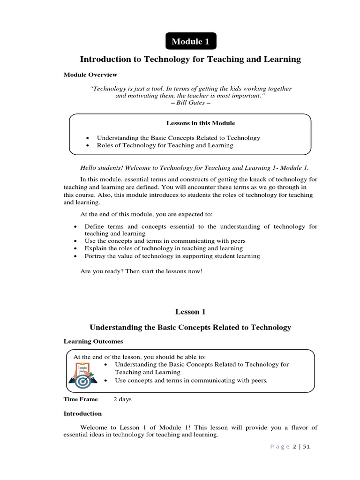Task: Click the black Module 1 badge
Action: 190,42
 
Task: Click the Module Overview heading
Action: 90,75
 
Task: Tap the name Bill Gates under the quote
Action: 190,102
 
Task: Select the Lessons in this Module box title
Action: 201,123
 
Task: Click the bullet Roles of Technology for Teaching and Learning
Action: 165,145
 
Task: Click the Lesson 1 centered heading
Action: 190,312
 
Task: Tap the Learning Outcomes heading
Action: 93,341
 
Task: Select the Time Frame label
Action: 81,399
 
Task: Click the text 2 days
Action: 123,399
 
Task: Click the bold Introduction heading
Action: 82,413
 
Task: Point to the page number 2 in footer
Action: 295,447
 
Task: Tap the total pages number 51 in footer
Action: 306,447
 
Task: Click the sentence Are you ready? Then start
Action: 142,272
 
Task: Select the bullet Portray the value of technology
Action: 172,256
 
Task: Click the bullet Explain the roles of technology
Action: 164,248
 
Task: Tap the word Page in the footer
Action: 279,447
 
